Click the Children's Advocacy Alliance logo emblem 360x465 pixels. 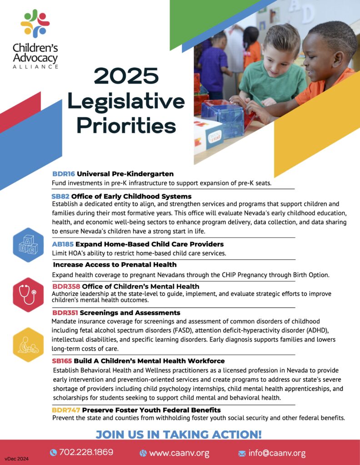pos(35,23)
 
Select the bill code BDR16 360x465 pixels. pos(63,174)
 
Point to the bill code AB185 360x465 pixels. pos(63,244)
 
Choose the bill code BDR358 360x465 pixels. pos(65,287)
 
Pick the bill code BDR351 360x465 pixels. pos(65,313)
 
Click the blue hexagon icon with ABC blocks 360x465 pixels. pos(29,245)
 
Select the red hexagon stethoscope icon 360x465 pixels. pos(29,295)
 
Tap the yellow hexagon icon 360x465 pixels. pos(29,344)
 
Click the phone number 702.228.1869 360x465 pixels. pos(86,452)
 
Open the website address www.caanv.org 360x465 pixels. pos(179,453)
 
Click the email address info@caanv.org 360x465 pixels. pos(276,453)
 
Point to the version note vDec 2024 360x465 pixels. pos(17,459)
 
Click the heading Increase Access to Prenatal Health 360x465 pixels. pos(115,265)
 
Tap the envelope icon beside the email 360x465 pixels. pos(242,453)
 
